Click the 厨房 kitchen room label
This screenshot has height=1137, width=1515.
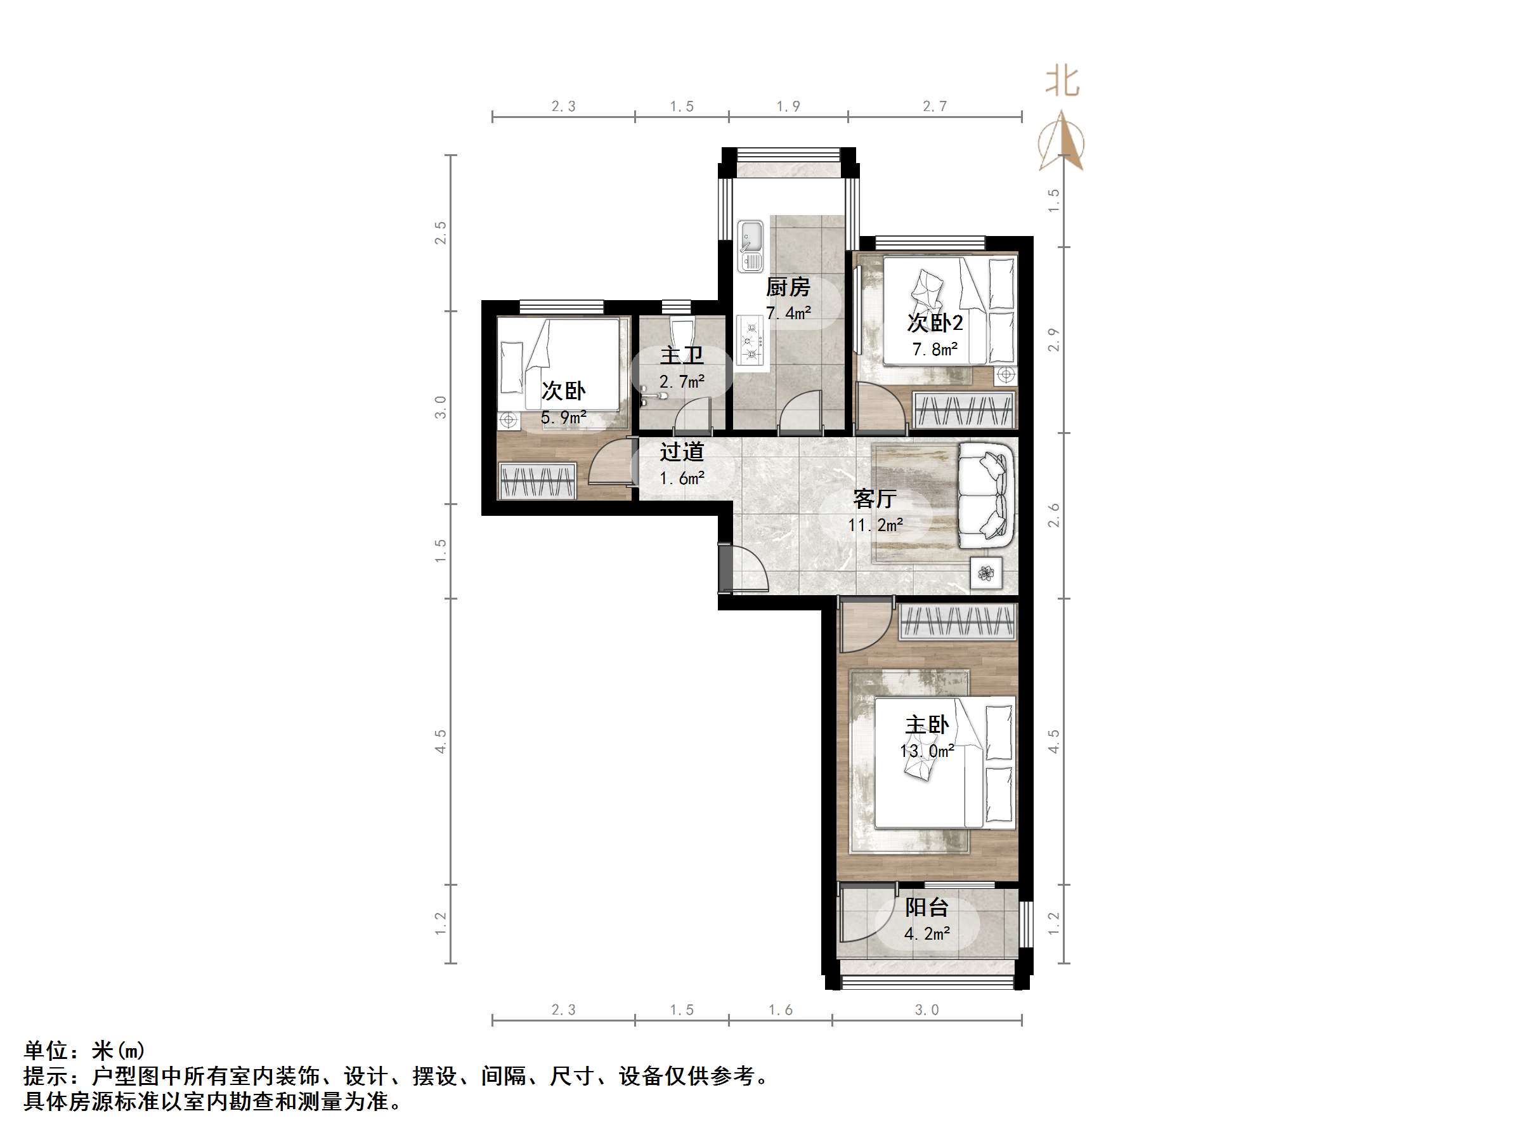788,287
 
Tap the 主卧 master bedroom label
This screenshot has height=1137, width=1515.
927,725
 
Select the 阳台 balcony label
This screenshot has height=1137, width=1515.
927,907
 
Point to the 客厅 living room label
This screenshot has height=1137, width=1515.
875,499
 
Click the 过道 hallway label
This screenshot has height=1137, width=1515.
682,452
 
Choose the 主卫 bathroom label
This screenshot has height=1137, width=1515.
682,355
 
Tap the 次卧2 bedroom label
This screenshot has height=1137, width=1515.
935,322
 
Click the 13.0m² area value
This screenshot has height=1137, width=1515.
927,751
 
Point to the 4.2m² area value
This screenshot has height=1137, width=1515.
927,933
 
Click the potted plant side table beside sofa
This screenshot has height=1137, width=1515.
986,572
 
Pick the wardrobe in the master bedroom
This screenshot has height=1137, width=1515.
958,622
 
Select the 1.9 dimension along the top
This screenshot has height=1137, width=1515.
788,106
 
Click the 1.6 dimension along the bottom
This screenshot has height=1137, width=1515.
780,1009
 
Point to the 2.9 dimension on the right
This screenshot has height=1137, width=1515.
1054,340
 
